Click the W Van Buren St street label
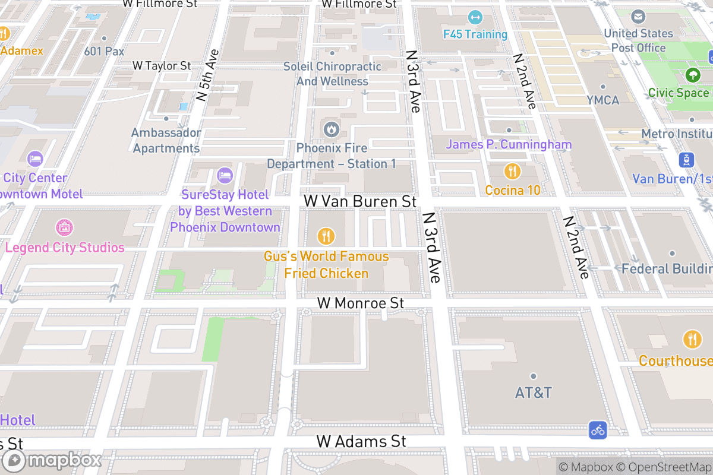359,201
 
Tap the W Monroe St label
360,303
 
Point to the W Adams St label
361,441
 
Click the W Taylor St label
162,65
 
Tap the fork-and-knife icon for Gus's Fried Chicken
325,236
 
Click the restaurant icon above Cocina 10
512,172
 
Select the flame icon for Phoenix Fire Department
331,128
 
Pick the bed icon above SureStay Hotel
225,175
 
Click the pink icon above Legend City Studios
64,227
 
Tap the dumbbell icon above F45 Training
475,17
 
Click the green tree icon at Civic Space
692,75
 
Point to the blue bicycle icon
598,430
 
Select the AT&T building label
533,392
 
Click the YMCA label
602,100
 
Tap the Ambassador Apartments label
166,140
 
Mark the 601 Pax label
104,51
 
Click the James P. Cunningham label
509,144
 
